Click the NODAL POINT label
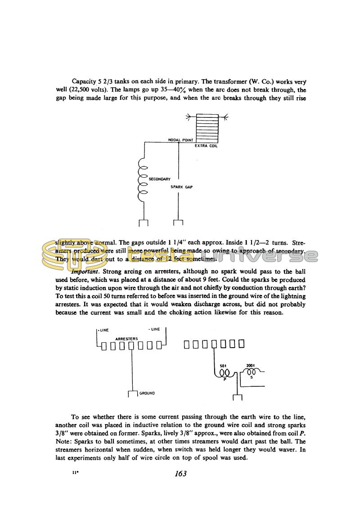point(180,140)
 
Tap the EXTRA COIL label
point(206,146)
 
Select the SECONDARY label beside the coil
point(159,179)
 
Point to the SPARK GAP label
point(181,187)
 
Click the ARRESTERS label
point(126,338)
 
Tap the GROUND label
point(147,393)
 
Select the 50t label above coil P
point(222,366)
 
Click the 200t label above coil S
point(251,366)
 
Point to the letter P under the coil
point(224,380)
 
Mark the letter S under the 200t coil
point(251,377)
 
